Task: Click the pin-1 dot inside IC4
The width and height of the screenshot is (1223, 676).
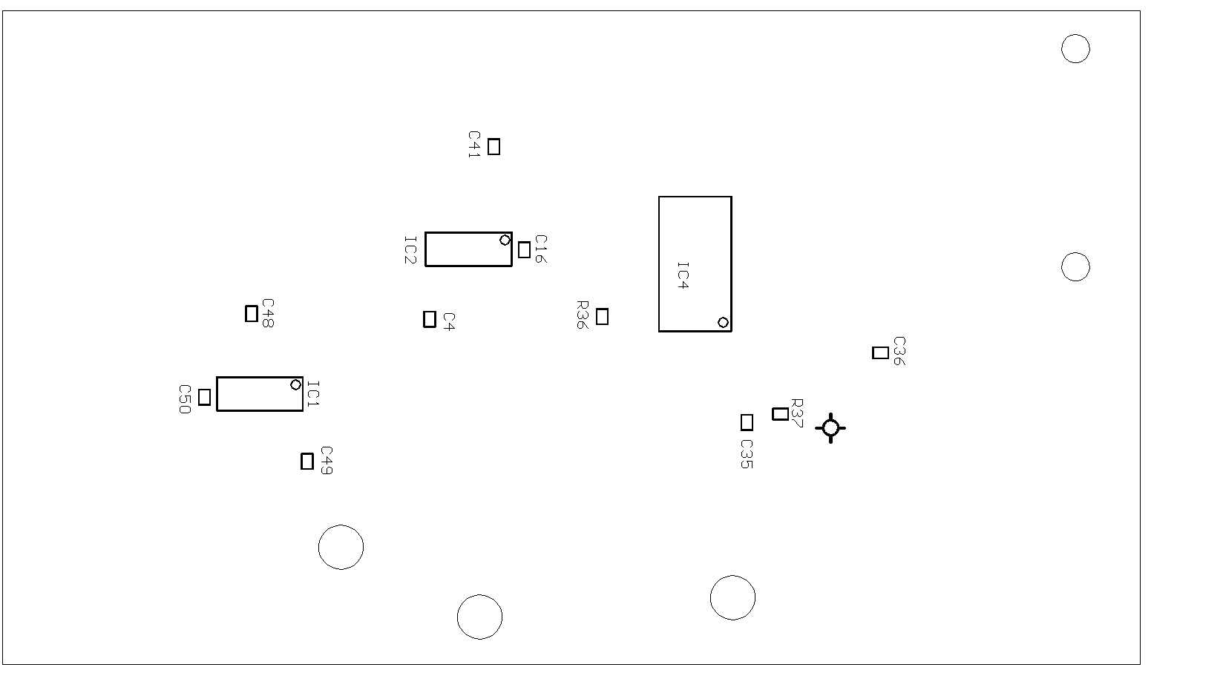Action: coord(723,323)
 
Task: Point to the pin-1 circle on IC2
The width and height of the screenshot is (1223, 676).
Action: coord(505,240)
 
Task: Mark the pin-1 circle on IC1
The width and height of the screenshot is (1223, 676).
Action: coord(295,385)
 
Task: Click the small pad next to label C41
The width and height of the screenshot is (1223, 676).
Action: coord(494,146)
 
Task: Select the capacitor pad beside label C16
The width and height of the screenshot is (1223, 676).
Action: coord(524,249)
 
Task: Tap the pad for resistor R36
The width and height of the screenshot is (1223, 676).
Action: coord(602,316)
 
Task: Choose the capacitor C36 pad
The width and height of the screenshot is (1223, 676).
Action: coord(880,352)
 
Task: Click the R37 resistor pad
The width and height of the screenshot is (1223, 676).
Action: coord(780,414)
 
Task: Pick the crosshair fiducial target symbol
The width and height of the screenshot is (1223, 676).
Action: coord(830,428)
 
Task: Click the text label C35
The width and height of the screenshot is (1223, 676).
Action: coord(747,454)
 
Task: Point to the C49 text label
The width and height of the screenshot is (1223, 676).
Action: coord(326,460)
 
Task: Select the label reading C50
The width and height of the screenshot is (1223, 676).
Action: coord(185,399)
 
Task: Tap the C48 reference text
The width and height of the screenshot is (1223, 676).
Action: coord(267,313)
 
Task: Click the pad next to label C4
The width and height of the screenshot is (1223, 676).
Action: coord(430,319)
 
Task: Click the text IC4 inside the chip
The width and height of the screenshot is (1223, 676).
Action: coord(683,275)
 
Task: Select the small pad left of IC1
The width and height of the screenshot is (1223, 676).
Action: coord(204,397)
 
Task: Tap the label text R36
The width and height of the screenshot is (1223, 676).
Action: coord(582,315)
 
